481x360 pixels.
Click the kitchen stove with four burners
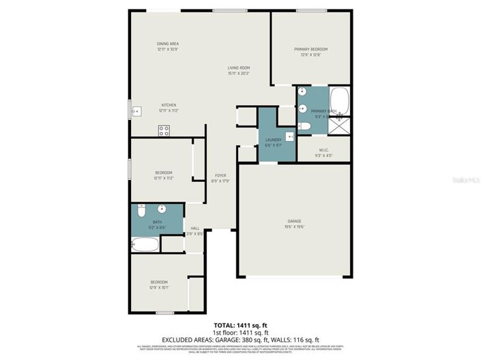pos(164,130)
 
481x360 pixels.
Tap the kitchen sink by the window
pos(137,110)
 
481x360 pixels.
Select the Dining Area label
pos(168,44)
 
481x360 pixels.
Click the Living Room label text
pos(239,67)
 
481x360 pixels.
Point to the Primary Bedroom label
pos(310,49)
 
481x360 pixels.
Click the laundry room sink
pos(289,136)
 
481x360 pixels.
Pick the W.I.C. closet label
pos(323,150)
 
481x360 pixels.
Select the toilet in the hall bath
pos(141,208)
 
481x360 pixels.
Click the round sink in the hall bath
pos(162,209)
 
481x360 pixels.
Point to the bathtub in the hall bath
pos(145,243)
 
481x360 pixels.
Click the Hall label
pos(195,228)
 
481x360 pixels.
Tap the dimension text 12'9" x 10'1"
pos(159,288)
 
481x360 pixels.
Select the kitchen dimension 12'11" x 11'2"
pos(169,110)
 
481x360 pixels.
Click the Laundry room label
pos(273,140)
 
